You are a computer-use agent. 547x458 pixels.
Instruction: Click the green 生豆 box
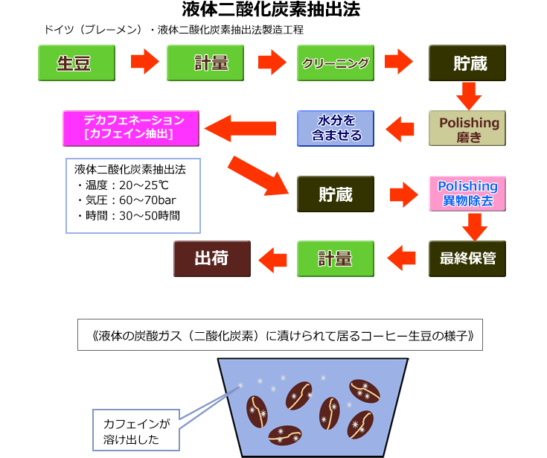click(77, 63)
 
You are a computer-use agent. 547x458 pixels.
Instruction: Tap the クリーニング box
click(336, 63)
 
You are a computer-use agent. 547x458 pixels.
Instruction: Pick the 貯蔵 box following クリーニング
click(467, 63)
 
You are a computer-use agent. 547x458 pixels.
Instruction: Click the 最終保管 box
click(467, 258)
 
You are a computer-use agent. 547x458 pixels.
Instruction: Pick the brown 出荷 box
click(212, 258)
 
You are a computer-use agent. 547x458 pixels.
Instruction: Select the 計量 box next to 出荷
click(336, 258)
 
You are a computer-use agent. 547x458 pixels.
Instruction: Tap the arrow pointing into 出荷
click(272, 258)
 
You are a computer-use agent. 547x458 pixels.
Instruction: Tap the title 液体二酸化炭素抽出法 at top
click(272, 10)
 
